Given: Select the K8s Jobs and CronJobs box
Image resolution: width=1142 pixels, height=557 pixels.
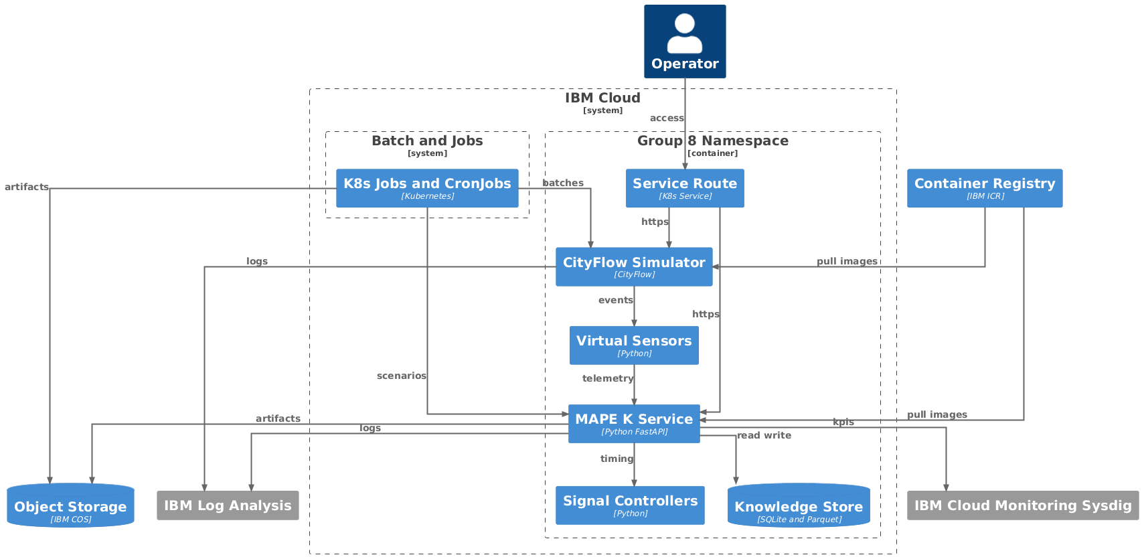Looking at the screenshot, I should (427, 188).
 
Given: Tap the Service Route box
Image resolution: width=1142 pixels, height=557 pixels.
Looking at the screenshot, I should (685, 188).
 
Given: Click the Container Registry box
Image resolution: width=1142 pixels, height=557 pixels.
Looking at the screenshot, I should (984, 188).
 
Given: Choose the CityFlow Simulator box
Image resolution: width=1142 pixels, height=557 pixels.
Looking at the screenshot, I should (634, 266).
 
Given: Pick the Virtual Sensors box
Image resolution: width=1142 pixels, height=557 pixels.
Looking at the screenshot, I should (634, 345).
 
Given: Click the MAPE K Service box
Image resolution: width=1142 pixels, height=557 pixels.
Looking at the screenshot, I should (634, 424).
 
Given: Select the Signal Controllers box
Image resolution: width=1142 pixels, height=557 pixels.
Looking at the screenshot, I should (630, 505).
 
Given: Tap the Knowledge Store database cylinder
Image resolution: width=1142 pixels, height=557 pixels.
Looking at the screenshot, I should (799, 506).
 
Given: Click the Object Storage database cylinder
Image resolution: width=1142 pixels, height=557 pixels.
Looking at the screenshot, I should (70, 506).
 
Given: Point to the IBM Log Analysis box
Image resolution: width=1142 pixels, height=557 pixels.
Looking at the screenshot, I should (228, 505).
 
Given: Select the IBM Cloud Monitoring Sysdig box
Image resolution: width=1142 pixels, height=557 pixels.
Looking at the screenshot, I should (1022, 505).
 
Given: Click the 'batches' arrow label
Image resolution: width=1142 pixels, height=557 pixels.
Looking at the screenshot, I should (563, 183).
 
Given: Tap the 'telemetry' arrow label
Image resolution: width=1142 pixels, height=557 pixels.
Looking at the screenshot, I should (608, 378).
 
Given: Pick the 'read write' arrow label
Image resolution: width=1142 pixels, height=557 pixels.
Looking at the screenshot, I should (764, 435).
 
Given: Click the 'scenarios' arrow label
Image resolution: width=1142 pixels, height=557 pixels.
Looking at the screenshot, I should (401, 376).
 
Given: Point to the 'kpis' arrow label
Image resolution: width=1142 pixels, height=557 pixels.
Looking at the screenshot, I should (843, 422).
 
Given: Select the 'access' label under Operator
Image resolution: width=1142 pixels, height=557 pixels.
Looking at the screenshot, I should (667, 118).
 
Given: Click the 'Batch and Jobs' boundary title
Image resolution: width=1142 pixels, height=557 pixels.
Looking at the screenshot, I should (427, 141).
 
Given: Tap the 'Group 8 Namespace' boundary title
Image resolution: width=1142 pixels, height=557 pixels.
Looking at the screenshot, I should (712, 141).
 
